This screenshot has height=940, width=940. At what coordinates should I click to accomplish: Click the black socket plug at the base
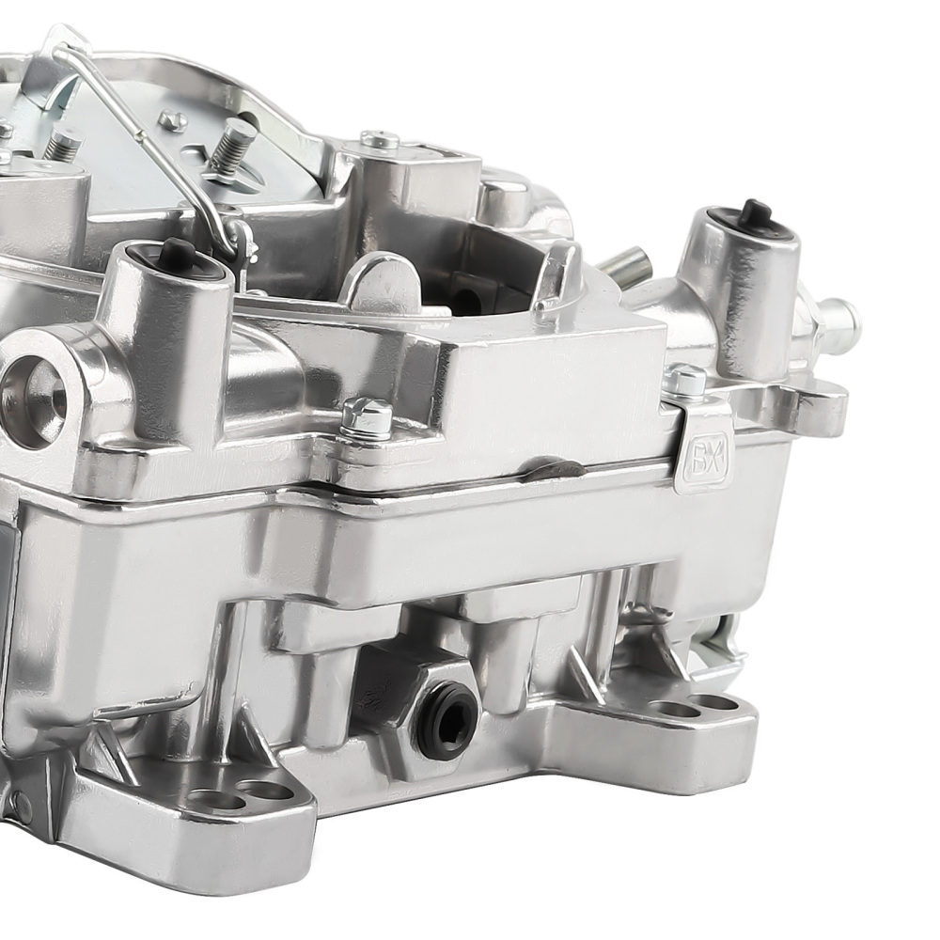tap(445, 721)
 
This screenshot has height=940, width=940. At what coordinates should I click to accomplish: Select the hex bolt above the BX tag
tap(685, 380)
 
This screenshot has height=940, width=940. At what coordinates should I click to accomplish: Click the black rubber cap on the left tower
tap(176, 251)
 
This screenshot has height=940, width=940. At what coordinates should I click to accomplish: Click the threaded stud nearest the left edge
tap(63, 143)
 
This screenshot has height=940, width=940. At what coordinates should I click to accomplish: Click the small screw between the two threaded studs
tap(172, 119)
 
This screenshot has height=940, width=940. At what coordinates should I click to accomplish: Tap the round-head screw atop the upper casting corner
tap(380, 140)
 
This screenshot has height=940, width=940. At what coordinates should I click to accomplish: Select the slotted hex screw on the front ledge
tap(367, 415)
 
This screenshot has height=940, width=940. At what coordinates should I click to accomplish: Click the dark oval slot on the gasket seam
tap(555, 467)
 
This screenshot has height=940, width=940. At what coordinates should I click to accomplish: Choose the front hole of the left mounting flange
tap(215, 801)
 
